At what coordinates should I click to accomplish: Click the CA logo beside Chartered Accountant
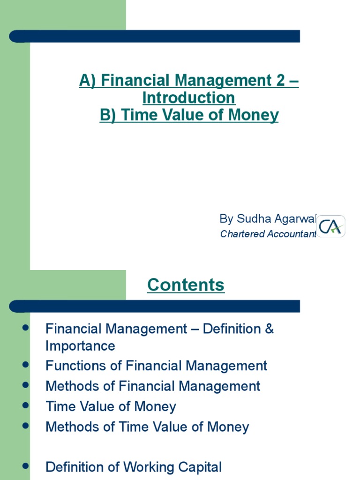(331, 226)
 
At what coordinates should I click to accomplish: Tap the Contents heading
(186, 285)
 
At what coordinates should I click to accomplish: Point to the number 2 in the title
(279, 81)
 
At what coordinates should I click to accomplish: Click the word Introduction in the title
(189, 98)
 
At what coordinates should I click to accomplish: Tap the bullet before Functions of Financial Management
(26, 364)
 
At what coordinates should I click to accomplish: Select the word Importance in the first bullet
(80, 346)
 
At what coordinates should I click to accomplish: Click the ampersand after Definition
(269, 329)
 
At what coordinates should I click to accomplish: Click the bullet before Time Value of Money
(26, 405)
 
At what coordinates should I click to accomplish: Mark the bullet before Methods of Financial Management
(26, 384)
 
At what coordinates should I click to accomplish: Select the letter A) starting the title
(88, 81)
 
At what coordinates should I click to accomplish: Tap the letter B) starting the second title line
(108, 115)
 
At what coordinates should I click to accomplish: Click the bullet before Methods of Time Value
(26, 425)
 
